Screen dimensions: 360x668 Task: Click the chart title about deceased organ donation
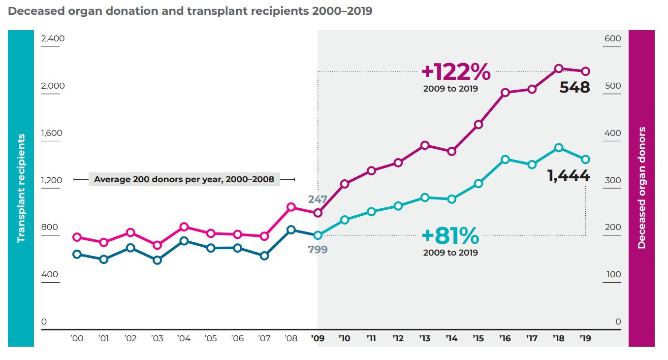190,11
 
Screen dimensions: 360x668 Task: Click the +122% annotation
456,72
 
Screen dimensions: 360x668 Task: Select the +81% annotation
450,236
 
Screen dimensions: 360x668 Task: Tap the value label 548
574,88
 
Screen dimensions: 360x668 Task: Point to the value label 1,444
569,175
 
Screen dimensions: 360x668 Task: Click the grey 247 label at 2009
318,199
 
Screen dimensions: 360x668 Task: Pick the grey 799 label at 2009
318,249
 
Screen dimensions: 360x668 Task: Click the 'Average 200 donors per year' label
184,179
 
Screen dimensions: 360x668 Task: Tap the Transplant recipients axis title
21,188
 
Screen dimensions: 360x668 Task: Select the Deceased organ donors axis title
641,188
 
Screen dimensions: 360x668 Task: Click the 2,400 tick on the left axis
53,38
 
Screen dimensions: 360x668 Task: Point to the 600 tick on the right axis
612,38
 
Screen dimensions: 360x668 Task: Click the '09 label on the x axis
318,338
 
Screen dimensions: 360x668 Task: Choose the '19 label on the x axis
585,338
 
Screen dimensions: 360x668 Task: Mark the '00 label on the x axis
77,338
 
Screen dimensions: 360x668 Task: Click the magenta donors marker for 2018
559,68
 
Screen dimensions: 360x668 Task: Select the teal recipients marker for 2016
505,160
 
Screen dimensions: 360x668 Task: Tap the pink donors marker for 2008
291,207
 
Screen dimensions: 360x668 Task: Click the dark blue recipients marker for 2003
157,260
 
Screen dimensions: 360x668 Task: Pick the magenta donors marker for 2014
451,151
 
